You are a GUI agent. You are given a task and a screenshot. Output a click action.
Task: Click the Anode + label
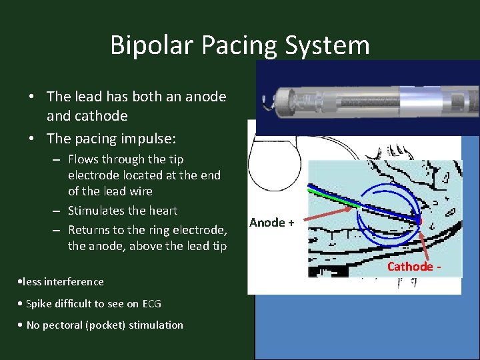point(271,223)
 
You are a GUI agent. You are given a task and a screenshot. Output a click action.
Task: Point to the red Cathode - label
point(413,267)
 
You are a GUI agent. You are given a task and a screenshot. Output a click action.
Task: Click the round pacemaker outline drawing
point(273,163)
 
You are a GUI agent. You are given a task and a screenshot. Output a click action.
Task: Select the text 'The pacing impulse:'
point(111,139)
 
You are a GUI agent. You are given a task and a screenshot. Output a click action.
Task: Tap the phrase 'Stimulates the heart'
point(123,211)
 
